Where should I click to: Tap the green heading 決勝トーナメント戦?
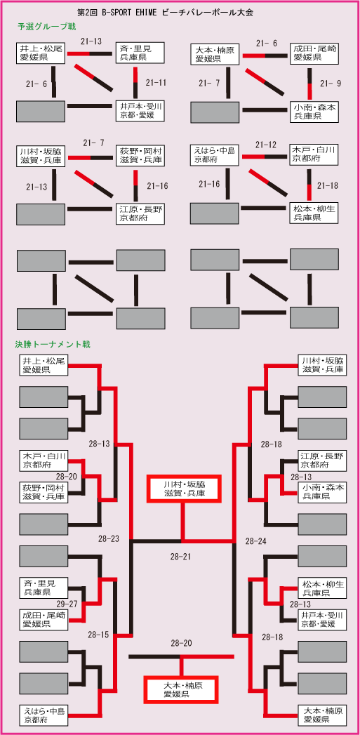(53, 345)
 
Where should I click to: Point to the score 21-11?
(156, 83)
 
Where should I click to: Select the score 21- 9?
(331, 84)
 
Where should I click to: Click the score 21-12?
(266, 145)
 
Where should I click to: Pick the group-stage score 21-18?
(328, 186)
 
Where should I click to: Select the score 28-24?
(256, 541)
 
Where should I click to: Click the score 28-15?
(98, 635)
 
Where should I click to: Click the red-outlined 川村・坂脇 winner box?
(184, 488)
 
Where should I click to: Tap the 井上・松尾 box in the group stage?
(41, 53)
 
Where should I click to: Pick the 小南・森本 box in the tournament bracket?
(322, 491)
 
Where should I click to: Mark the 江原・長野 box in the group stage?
(140, 213)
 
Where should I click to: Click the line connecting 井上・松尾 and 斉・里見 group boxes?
(91, 53)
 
